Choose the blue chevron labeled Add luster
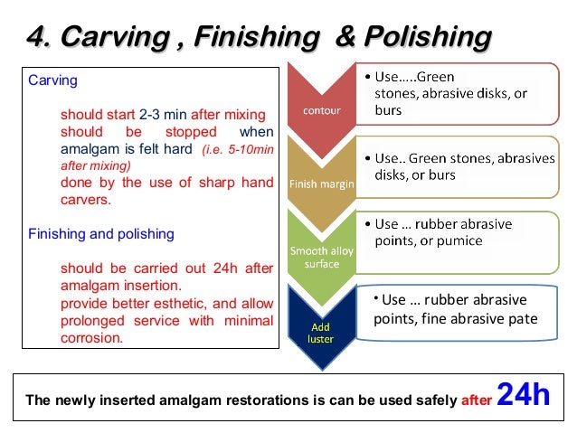tap(320, 332)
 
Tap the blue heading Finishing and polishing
tap(101, 233)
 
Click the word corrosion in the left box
tap(90, 337)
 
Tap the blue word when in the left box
tap(256, 132)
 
